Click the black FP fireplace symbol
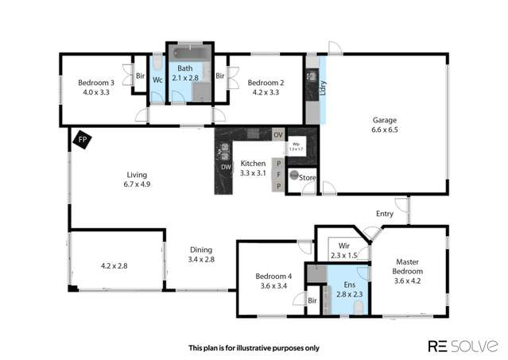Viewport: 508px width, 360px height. point(82,141)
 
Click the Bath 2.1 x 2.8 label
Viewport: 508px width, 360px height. point(188,74)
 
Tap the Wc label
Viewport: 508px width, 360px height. point(157,80)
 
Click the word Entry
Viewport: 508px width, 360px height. point(385,213)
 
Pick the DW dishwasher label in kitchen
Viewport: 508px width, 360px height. point(225,167)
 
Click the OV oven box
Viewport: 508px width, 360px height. point(277,134)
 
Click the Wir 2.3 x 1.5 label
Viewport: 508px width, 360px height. point(344,250)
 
